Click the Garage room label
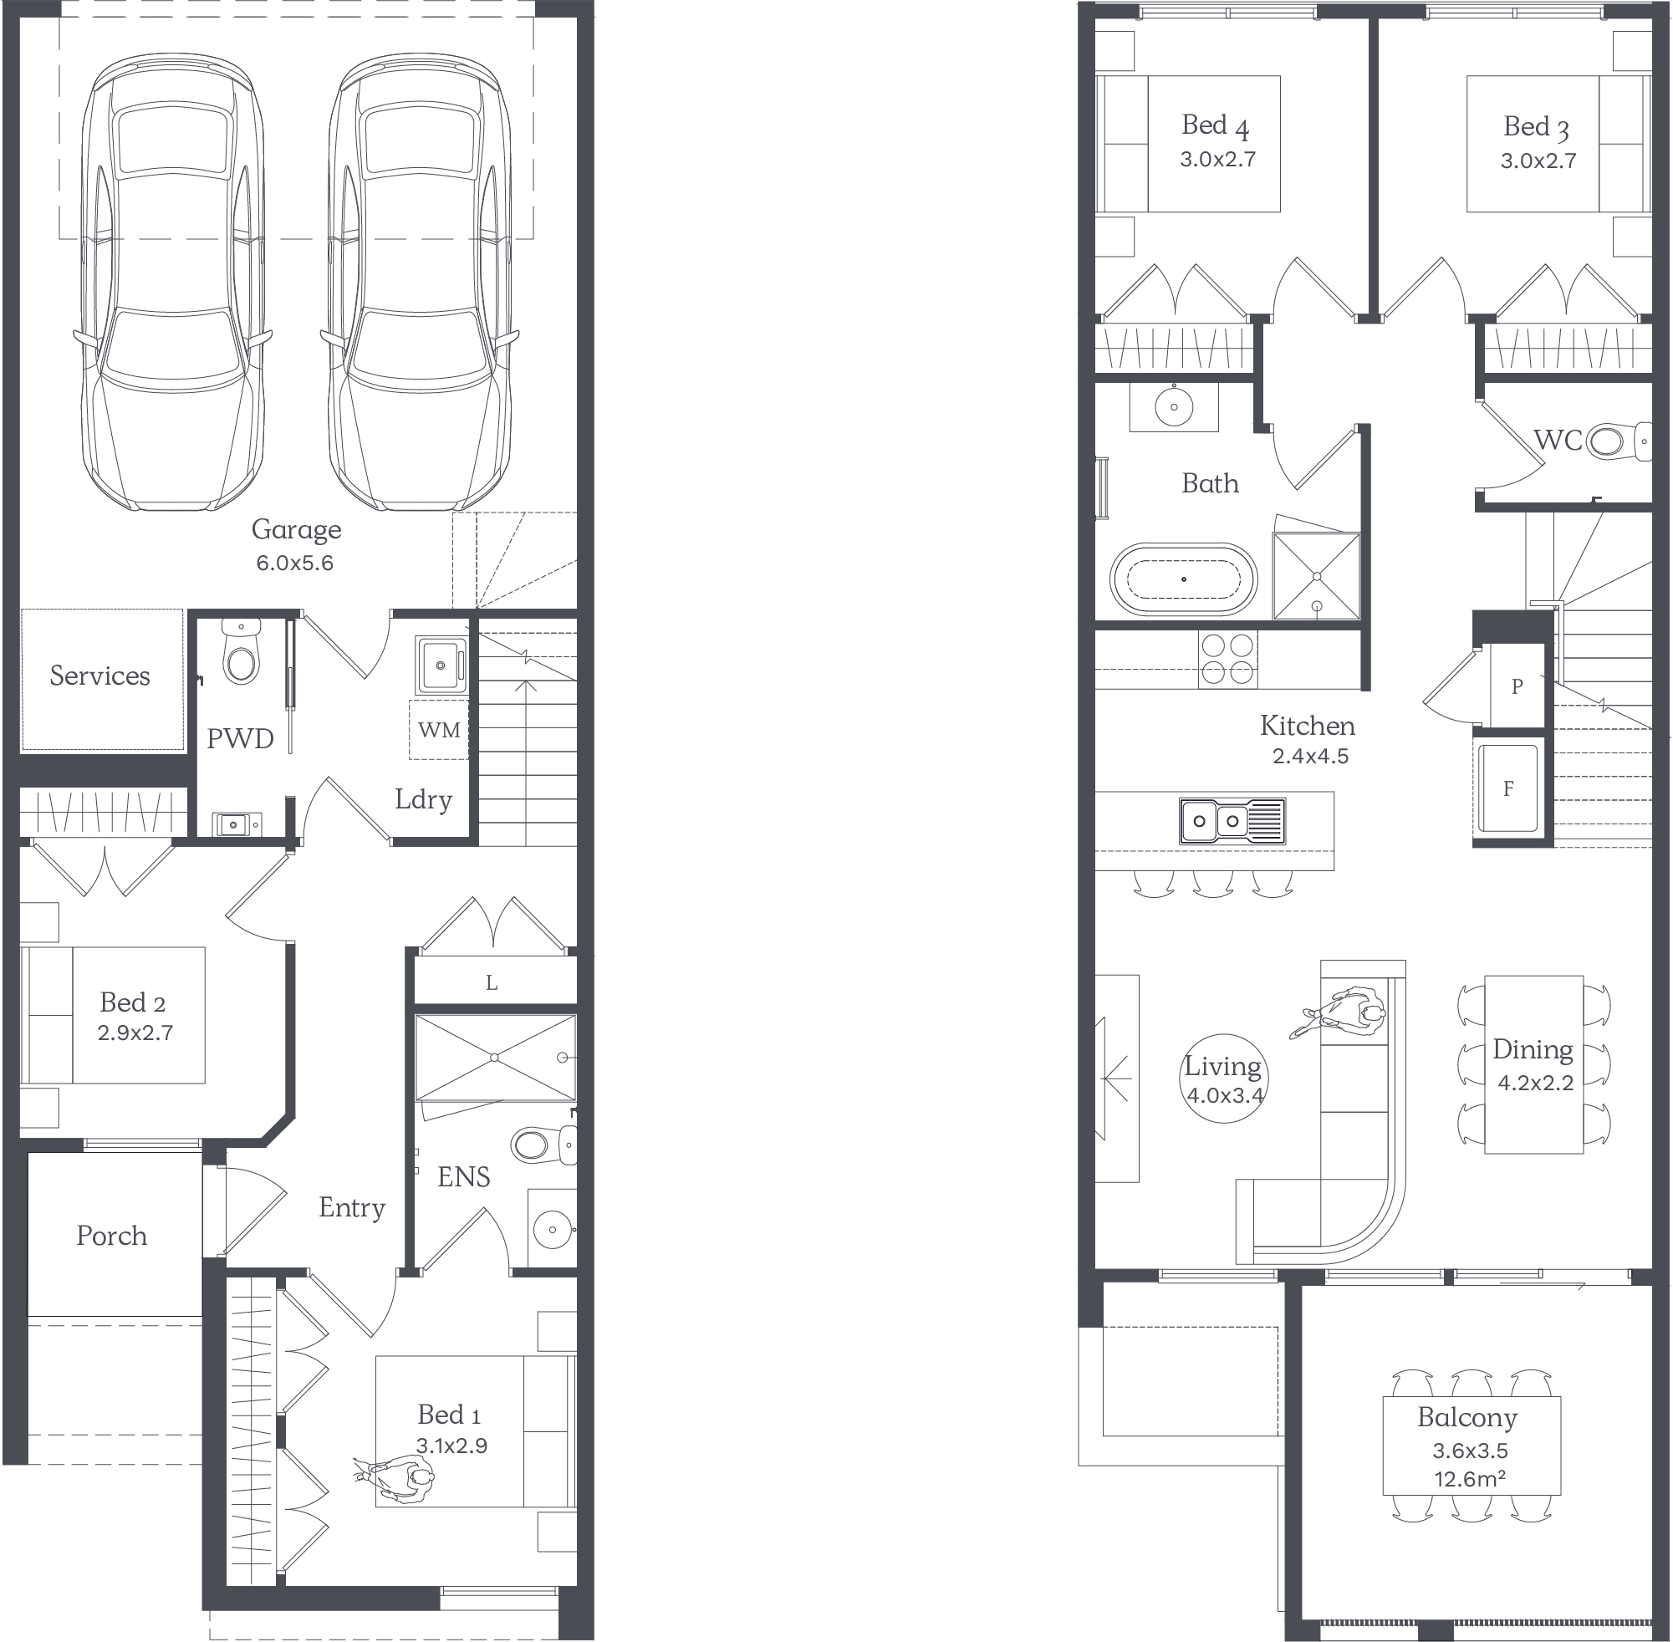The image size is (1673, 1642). pos(296,530)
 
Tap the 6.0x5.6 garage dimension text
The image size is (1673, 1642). pos(295,563)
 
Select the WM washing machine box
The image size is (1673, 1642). pos(439,730)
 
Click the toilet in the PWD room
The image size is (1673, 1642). pos(240,653)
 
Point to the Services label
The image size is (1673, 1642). pos(100,676)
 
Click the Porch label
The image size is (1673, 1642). pos(111,1236)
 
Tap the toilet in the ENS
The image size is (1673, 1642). pos(543,1145)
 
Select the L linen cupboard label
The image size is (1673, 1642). pos(492,982)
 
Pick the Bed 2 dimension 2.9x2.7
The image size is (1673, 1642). pos(135,1033)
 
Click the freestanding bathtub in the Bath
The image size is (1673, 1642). pos(1183,579)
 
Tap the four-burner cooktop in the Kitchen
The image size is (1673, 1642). pos(1227,660)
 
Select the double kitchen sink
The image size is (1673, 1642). pos(1232,820)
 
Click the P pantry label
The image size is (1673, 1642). pos(1517,686)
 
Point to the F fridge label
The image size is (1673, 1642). pos(1508,788)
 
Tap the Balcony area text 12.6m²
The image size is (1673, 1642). pos(1470,1479)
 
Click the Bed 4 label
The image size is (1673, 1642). pos(1216,126)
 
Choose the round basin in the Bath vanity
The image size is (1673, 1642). pos(1174,406)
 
